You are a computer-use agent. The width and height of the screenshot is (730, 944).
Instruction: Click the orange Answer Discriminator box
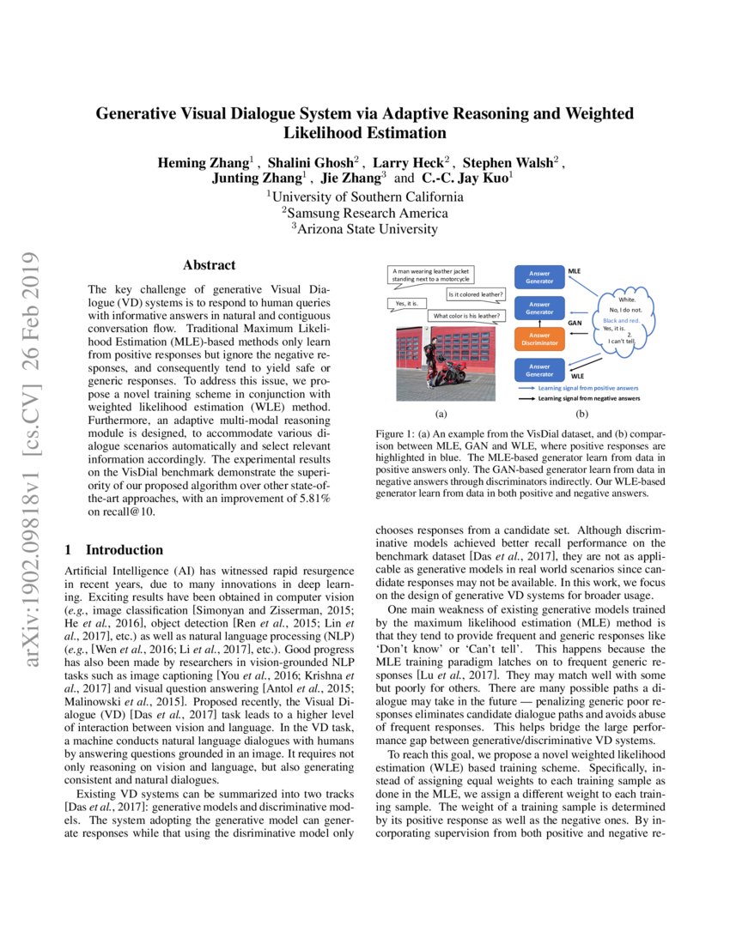pyautogui.click(x=539, y=339)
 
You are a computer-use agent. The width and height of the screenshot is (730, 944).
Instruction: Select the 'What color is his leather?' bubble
pyautogui.click(x=466, y=316)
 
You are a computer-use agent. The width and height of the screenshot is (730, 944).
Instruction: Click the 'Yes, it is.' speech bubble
pyautogui.click(x=406, y=304)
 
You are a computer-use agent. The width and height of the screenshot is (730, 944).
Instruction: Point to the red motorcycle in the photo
pyautogui.click(x=451, y=370)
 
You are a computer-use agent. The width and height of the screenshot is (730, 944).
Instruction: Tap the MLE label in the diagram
pyautogui.click(x=575, y=271)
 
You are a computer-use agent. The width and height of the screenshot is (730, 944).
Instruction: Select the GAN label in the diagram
pyautogui.click(x=575, y=324)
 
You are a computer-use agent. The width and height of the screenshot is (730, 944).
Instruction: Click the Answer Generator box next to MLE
pyautogui.click(x=539, y=276)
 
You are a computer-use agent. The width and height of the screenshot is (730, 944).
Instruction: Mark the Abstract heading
pyautogui.click(x=209, y=266)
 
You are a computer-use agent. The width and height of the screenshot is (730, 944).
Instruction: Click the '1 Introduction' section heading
pyautogui.click(x=114, y=550)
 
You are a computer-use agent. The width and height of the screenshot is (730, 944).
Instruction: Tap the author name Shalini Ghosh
pyautogui.click(x=314, y=163)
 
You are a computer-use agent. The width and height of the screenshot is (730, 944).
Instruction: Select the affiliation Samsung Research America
pyautogui.click(x=365, y=212)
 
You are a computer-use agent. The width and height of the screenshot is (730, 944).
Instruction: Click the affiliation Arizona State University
pyautogui.click(x=365, y=228)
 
